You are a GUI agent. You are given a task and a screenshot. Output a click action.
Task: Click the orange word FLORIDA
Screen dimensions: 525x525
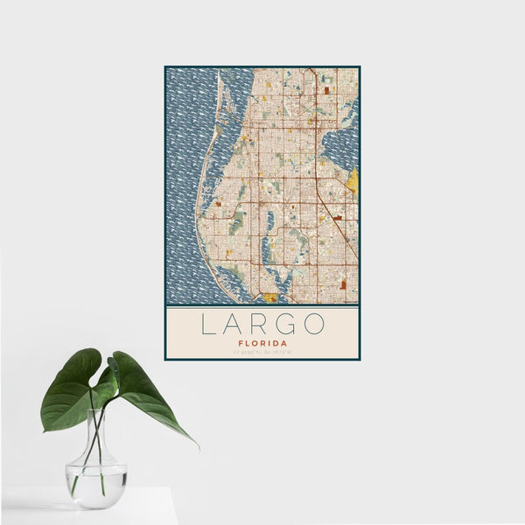pyautogui.click(x=262, y=344)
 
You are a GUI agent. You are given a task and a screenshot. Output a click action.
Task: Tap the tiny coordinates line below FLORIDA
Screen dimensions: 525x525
pyautogui.click(x=262, y=353)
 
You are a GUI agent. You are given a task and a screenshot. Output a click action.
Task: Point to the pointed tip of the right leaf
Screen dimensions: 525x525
pyautogui.click(x=197, y=446)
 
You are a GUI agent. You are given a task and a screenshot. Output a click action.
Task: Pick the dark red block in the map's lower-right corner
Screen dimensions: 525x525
pyautogui.click(x=343, y=283)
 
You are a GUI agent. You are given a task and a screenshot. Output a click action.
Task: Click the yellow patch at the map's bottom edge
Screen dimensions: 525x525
pyautogui.click(x=270, y=297)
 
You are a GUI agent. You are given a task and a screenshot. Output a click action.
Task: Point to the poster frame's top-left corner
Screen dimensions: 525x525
pyautogui.click(x=165, y=66)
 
